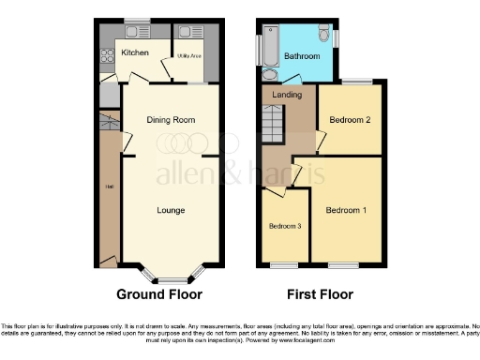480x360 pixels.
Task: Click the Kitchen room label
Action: (x=135, y=52)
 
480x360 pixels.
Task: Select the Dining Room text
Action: (x=171, y=120)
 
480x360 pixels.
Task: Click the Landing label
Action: (x=286, y=95)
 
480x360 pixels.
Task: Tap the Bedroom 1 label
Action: (x=346, y=210)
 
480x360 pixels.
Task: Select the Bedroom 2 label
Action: (x=349, y=120)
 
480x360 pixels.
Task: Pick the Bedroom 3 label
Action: (x=284, y=227)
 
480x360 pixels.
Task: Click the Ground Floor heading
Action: (x=159, y=294)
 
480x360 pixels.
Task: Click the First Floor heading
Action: (x=322, y=294)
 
